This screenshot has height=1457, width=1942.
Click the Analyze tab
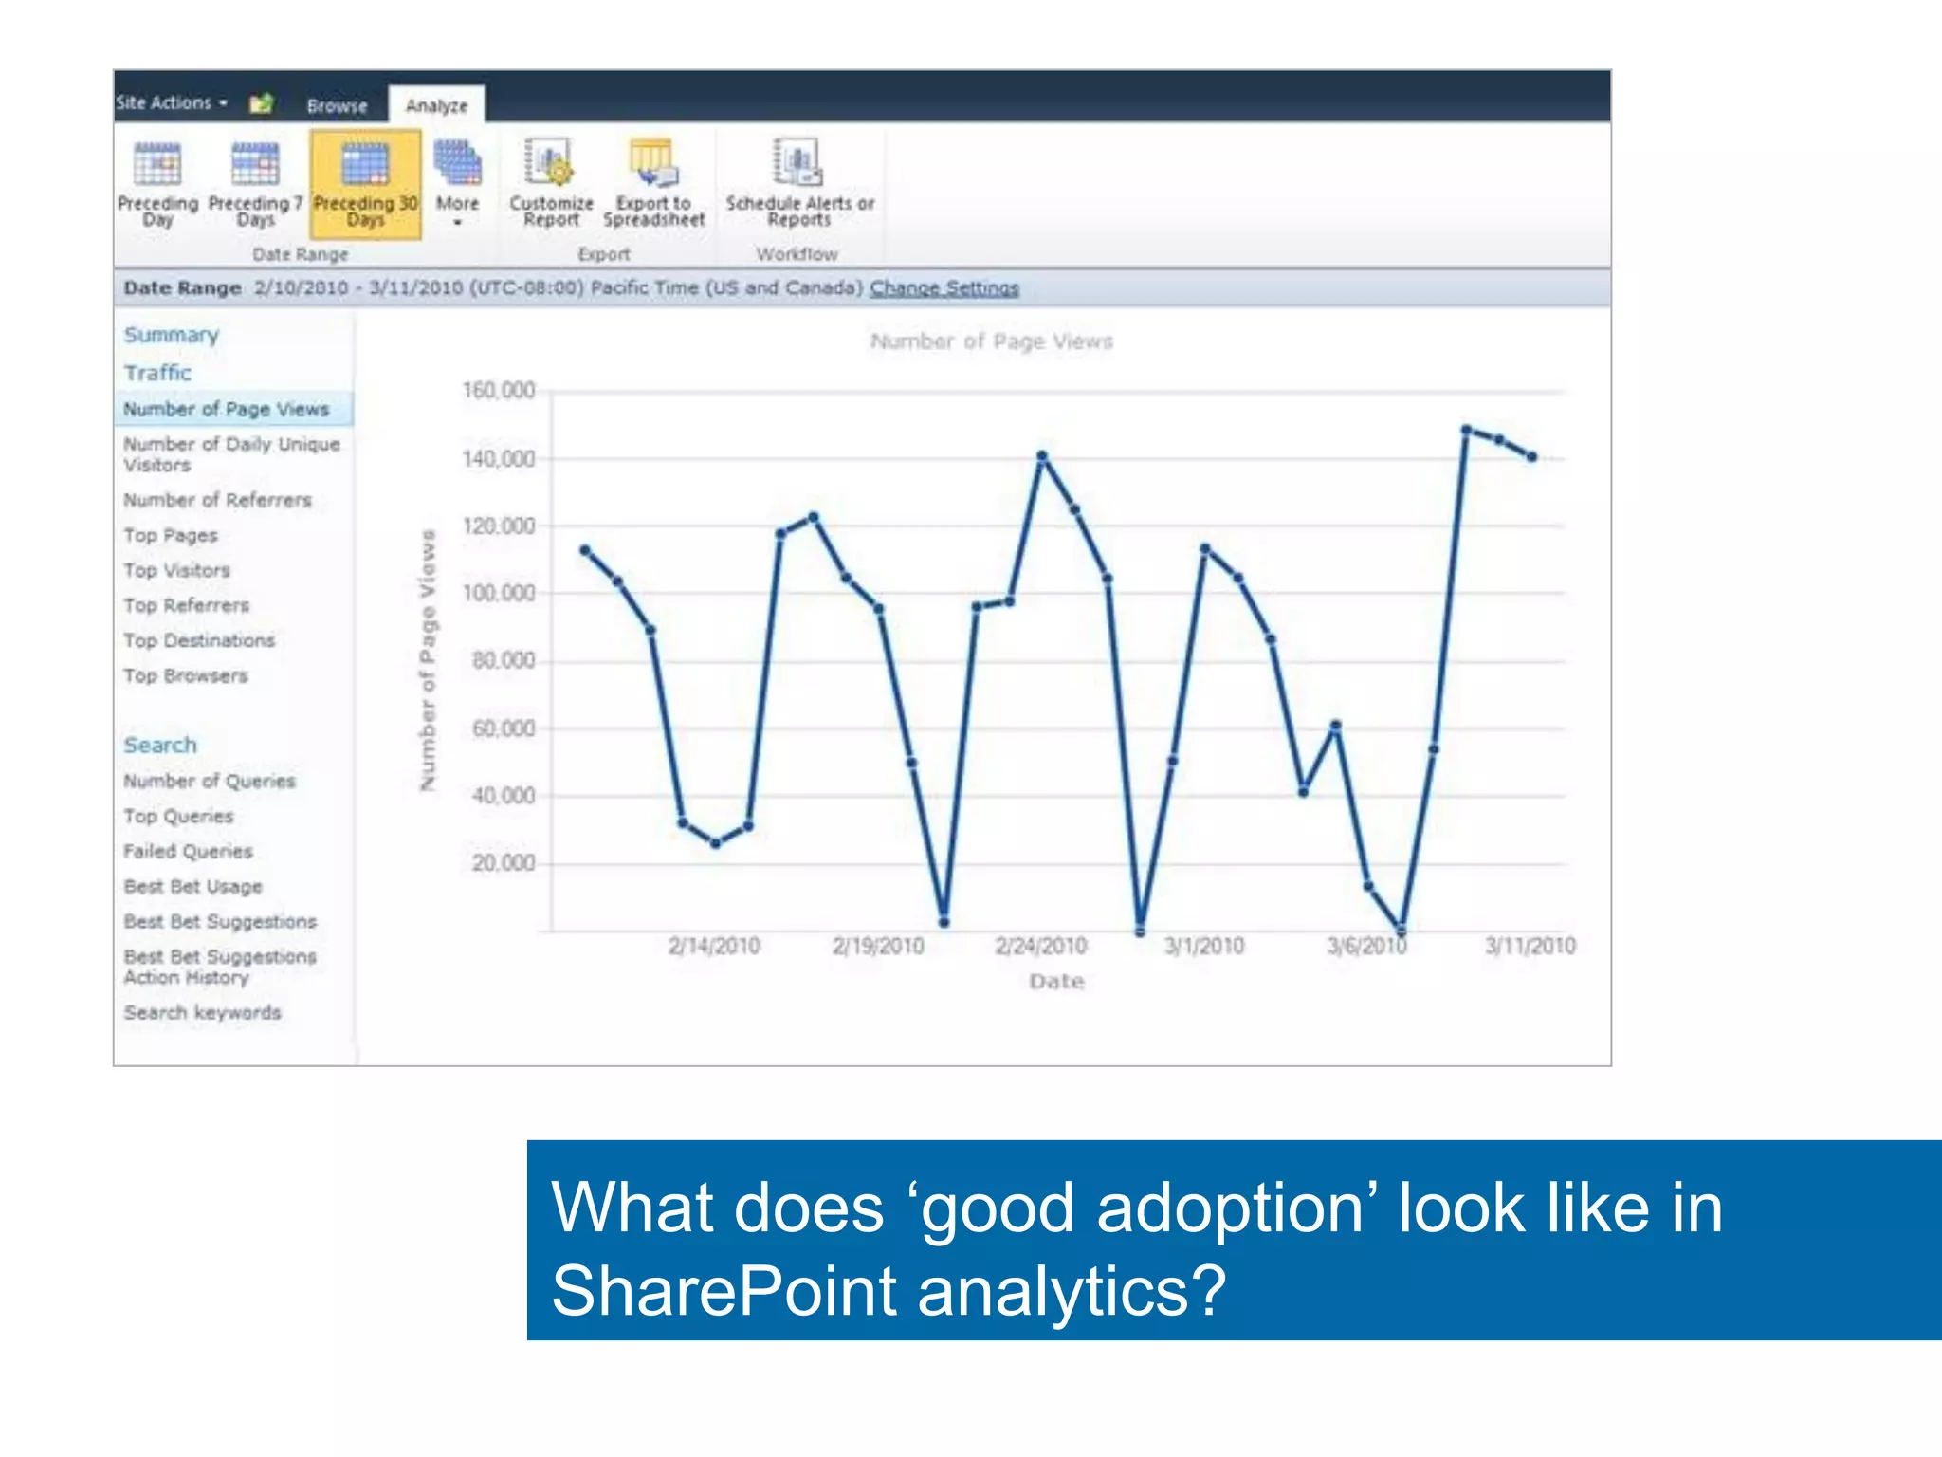(x=436, y=105)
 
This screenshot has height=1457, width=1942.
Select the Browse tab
(x=337, y=105)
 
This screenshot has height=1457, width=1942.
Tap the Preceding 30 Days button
(x=365, y=184)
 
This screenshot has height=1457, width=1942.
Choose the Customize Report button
(x=551, y=184)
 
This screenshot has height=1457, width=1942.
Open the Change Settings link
(x=944, y=287)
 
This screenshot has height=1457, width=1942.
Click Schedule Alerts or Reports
(x=799, y=184)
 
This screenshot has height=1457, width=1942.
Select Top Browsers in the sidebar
(x=186, y=675)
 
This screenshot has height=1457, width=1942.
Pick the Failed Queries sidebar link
(x=188, y=851)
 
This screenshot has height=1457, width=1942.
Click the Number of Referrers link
(x=217, y=500)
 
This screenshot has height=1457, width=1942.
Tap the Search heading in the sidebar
(x=160, y=745)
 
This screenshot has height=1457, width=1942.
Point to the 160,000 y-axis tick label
(x=499, y=391)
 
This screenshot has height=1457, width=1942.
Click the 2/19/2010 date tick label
(x=878, y=946)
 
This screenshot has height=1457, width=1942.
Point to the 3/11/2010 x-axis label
(x=1530, y=946)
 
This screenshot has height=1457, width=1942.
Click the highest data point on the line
(x=1466, y=431)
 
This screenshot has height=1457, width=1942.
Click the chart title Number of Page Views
(x=991, y=341)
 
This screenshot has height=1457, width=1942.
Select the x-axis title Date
(x=1056, y=982)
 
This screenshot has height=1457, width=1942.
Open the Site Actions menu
(x=171, y=102)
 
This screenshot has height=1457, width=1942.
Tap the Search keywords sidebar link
(x=202, y=1012)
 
